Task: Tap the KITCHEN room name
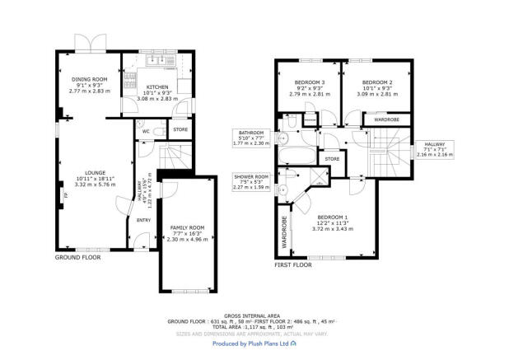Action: (156, 86)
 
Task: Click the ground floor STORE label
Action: (180, 129)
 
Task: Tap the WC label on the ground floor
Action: (145, 131)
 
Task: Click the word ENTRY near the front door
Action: (143, 220)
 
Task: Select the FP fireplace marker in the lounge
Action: (65, 195)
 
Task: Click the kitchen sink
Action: (156, 62)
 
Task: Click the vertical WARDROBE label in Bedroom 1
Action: (285, 231)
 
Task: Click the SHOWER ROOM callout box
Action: (251, 181)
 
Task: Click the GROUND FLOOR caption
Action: (78, 258)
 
